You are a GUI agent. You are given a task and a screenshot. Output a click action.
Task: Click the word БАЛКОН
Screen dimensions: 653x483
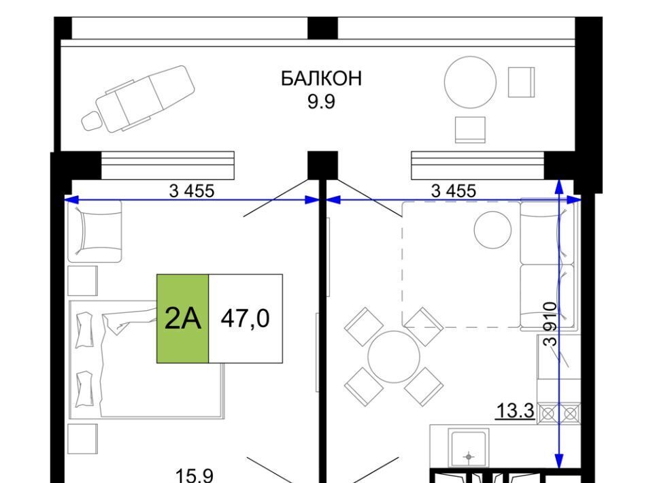tap(321, 78)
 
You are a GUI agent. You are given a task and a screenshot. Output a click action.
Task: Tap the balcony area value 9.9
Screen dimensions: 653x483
tap(321, 101)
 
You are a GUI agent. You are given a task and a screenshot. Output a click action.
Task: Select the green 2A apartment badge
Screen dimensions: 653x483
tap(182, 318)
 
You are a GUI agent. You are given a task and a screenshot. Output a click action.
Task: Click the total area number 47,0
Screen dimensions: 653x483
tap(246, 318)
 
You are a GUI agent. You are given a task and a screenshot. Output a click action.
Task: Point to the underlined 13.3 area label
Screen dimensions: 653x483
tap(515, 411)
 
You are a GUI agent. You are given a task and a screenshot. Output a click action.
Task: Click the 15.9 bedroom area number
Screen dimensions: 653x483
tap(195, 476)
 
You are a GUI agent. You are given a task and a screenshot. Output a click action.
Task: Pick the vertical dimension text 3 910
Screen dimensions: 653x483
tap(550, 324)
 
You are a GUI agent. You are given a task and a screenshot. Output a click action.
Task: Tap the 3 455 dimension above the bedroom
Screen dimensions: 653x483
tap(192, 190)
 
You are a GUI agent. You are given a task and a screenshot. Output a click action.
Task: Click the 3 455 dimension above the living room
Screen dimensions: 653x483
tap(454, 190)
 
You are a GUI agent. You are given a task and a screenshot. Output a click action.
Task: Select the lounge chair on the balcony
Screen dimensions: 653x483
tap(138, 99)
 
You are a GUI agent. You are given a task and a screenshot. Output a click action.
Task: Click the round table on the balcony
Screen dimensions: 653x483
tap(470, 82)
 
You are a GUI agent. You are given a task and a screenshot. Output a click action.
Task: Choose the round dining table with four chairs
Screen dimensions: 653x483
tap(394, 357)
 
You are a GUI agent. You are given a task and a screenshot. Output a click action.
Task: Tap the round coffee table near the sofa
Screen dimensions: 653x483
tap(492, 230)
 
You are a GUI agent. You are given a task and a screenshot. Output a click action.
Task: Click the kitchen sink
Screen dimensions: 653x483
tap(469, 449)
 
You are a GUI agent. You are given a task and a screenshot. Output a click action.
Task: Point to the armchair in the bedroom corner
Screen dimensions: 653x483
tap(95, 231)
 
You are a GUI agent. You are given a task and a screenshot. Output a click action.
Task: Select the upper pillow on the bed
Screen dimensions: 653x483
tap(84, 330)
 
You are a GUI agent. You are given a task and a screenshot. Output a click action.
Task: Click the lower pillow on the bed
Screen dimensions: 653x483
tap(84, 389)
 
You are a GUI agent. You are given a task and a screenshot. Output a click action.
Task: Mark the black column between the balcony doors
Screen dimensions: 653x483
tap(322, 165)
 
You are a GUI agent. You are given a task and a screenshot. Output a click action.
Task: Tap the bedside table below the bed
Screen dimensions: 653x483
tap(82, 439)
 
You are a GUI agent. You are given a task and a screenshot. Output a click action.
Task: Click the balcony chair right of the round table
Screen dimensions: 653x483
tap(522, 82)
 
